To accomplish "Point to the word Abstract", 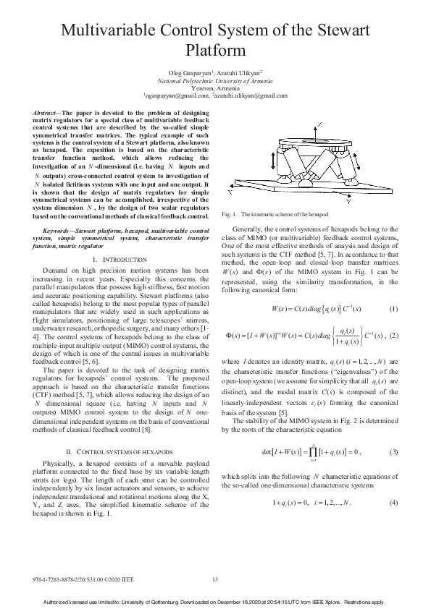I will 47,114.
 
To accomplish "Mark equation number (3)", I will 393,452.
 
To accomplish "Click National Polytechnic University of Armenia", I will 215,81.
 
